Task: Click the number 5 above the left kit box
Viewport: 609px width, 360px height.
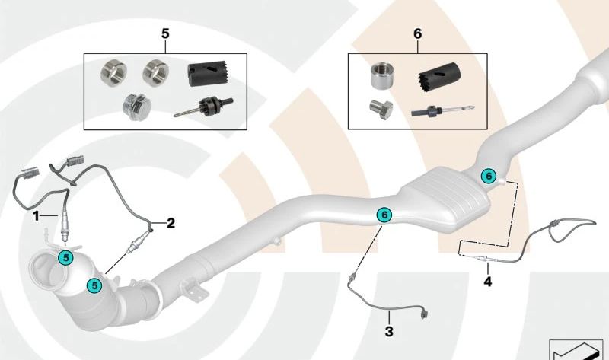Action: click(166, 33)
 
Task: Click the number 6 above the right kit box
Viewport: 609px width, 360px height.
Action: click(416, 35)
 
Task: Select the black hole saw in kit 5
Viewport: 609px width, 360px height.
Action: click(203, 75)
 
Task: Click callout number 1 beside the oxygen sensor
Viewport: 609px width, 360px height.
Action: click(35, 216)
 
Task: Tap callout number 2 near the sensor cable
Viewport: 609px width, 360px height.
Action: click(171, 223)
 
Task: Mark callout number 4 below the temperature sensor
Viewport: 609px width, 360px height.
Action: click(487, 282)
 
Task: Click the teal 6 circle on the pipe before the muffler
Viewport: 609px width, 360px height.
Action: click(384, 215)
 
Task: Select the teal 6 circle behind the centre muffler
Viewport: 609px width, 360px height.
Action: click(488, 176)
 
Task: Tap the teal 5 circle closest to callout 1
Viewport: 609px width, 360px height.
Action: click(66, 258)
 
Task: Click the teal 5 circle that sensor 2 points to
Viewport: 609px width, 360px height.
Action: click(95, 285)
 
